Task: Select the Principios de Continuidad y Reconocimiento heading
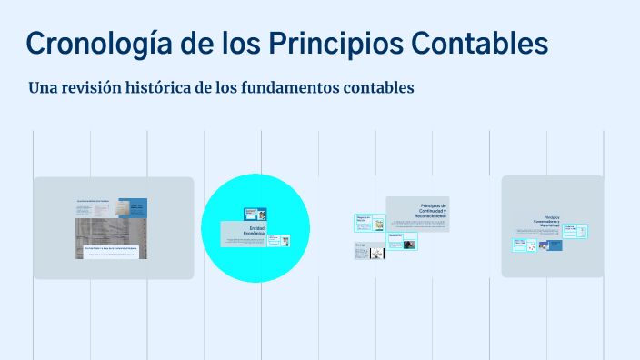(x=432, y=211)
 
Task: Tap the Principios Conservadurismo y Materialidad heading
(x=547, y=223)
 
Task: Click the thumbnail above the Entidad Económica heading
(x=255, y=214)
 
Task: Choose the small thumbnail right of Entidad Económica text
(x=285, y=241)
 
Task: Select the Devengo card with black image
(x=369, y=251)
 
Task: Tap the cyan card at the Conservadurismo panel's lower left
(x=519, y=245)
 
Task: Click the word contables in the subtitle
(x=379, y=88)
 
